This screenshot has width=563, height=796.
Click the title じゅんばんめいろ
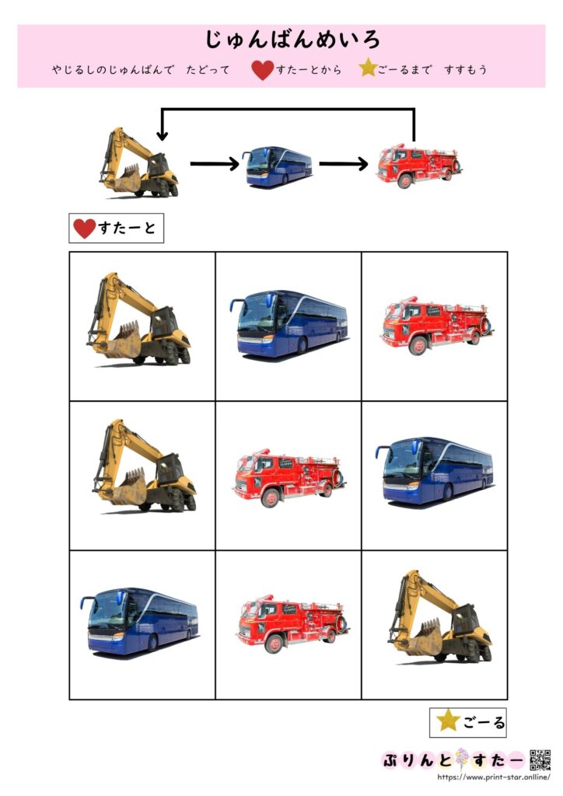click(x=292, y=40)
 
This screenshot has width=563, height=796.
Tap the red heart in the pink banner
click(x=263, y=69)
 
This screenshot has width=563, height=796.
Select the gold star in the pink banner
click(x=368, y=68)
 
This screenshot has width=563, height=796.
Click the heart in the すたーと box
click(x=84, y=229)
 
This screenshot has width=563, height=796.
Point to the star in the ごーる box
click(x=448, y=721)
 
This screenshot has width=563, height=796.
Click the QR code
click(x=540, y=760)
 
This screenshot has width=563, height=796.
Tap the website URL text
click(x=494, y=777)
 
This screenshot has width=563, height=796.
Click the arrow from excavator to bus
click(x=215, y=163)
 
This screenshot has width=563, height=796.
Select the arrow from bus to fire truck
click(x=344, y=163)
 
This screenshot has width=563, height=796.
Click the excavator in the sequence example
click(x=139, y=162)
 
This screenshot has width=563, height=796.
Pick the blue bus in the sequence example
click(x=278, y=166)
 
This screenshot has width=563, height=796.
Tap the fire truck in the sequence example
click(x=418, y=166)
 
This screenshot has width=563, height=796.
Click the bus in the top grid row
click(x=288, y=324)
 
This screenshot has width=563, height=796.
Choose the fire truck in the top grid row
click(x=436, y=326)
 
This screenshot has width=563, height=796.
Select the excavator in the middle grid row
click(x=144, y=466)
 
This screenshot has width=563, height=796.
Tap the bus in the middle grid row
click(x=435, y=470)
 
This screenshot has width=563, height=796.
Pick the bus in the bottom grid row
click(x=140, y=621)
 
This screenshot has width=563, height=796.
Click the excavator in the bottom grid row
click(x=440, y=616)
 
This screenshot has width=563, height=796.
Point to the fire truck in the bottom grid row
click(x=292, y=623)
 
